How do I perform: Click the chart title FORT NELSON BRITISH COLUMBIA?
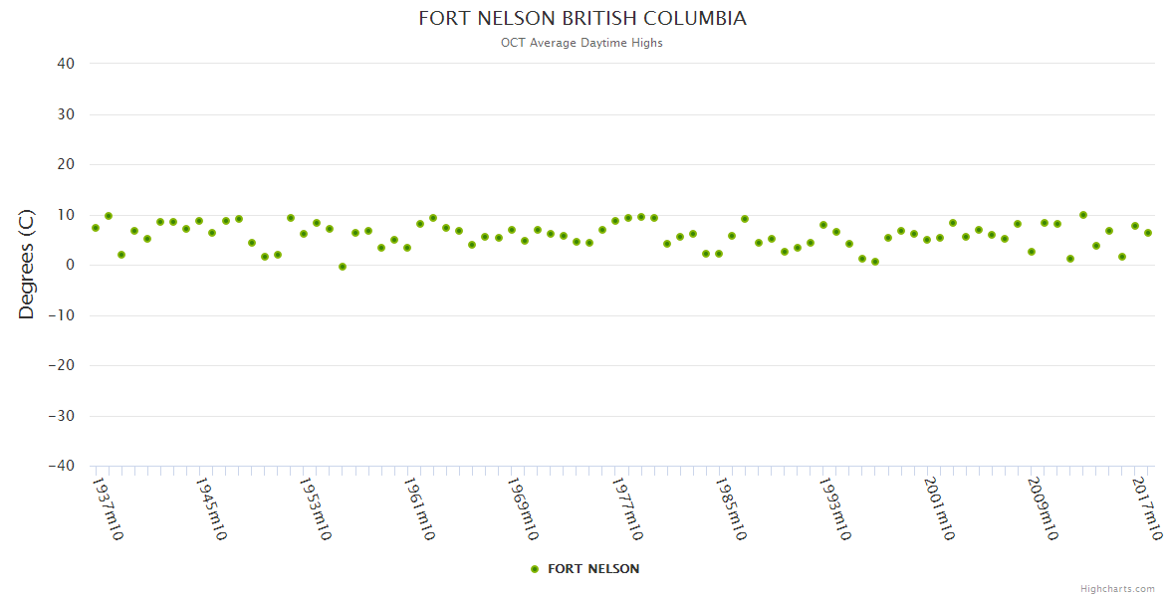tap(582, 19)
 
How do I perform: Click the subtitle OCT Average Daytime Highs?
tap(582, 43)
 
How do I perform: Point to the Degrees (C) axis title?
tap(27, 265)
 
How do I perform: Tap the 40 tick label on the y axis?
tap(66, 64)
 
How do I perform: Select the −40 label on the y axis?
tap(60, 466)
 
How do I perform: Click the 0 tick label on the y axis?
tap(70, 265)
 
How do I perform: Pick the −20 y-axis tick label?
tap(60, 365)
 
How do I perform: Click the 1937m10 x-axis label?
tap(108, 508)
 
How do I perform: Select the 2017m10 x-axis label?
tap(1147, 508)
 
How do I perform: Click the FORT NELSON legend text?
tap(593, 569)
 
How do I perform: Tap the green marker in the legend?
tap(535, 569)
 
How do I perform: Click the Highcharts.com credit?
tap(1117, 588)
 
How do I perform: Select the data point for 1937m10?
tap(96, 228)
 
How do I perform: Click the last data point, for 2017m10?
tap(1148, 233)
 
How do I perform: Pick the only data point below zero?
tap(343, 267)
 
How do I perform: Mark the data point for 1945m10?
tap(199, 221)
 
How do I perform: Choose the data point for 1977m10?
tap(615, 221)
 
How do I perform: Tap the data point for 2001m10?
tap(927, 240)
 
